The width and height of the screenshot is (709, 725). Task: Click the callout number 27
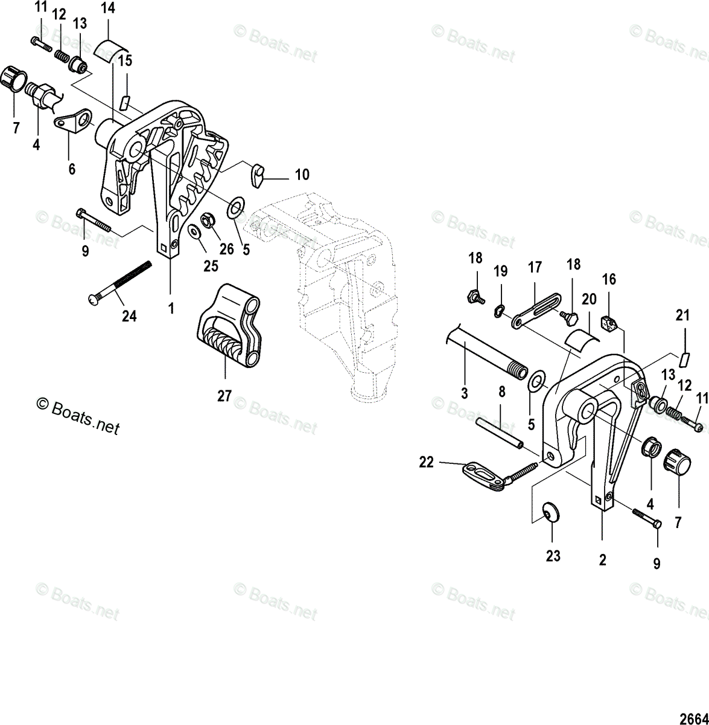coord(224,396)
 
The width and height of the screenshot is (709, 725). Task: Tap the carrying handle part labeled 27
coord(231,326)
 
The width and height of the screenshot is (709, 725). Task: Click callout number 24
coord(129,315)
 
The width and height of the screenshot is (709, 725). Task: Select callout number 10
coord(302,175)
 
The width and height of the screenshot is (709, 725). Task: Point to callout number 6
coord(72,169)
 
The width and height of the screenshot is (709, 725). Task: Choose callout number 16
coord(609,279)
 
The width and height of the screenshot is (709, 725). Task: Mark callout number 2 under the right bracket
coord(602,560)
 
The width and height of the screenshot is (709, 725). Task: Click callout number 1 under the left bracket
coord(171,308)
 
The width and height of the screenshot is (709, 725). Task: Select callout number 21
coord(682,315)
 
